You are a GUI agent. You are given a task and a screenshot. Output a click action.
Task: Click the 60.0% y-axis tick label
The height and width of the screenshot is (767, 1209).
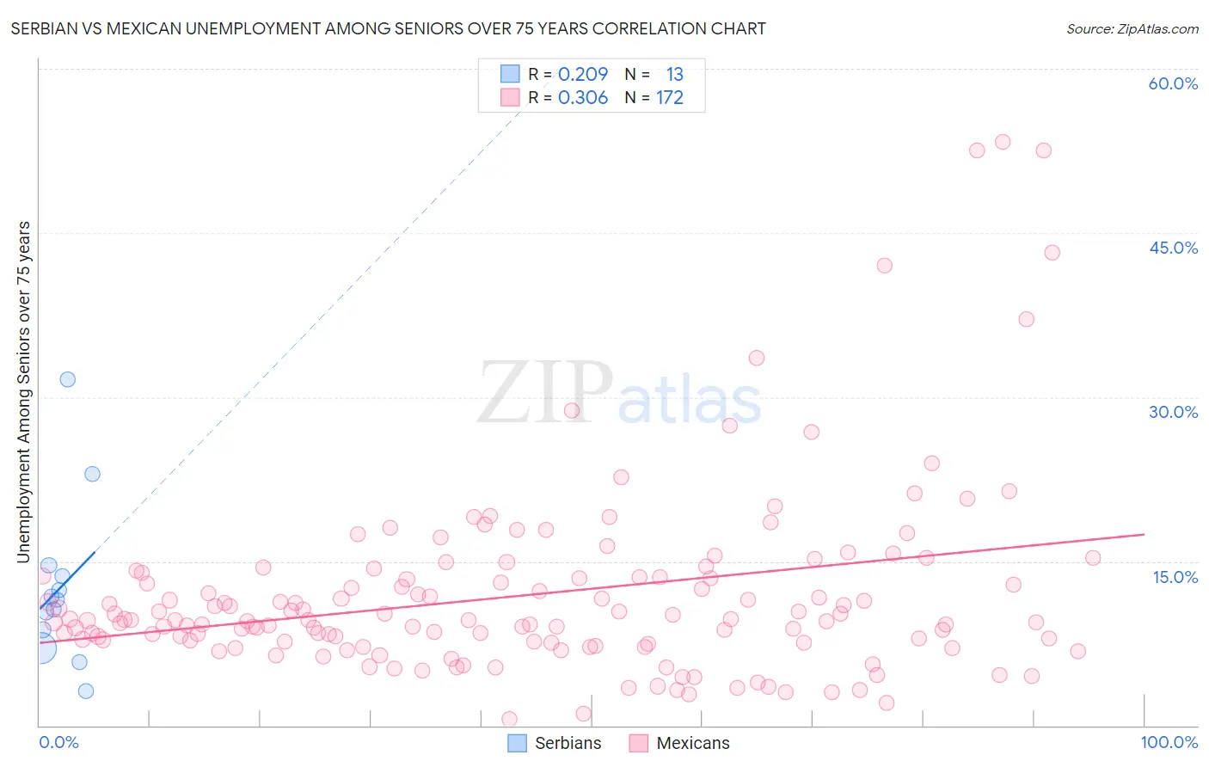[1172, 83]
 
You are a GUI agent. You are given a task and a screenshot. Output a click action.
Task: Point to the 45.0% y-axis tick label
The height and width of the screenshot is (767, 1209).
[1173, 248]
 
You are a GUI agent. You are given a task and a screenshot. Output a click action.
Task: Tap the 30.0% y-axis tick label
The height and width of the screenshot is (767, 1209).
[1173, 412]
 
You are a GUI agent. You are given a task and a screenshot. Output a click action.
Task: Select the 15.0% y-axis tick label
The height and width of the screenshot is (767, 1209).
[1175, 576]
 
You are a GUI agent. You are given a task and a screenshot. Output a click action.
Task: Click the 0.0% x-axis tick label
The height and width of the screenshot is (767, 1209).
[58, 742]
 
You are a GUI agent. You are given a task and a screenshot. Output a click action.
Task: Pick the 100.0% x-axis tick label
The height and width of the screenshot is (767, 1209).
[1169, 742]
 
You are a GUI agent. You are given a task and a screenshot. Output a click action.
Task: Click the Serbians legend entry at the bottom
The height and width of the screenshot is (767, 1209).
[554, 743]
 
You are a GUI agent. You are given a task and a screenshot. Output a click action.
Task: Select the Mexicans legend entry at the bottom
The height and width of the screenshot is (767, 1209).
[678, 743]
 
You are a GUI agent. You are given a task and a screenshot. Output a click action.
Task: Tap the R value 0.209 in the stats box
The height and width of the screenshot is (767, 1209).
[582, 75]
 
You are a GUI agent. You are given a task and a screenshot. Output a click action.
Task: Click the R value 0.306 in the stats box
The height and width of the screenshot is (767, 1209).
[582, 98]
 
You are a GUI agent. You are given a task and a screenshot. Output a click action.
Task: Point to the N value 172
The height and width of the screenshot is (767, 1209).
[669, 98]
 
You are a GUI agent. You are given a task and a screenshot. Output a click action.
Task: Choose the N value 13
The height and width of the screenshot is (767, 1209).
[674, 75]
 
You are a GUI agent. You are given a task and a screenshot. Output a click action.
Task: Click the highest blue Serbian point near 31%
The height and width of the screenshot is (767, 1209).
[67, 379]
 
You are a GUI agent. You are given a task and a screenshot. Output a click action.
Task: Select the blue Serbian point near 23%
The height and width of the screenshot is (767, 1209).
[92, 474]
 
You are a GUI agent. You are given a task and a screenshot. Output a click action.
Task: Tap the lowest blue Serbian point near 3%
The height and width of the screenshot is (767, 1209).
[86, 690]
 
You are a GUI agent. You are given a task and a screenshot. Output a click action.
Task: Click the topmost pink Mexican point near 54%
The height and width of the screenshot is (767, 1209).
[1003, 142]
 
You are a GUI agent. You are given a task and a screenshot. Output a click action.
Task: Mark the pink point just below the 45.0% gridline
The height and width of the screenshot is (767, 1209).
[1052, 253]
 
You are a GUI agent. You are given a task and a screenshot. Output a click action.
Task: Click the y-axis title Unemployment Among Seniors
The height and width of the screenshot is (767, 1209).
[24, 392]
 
